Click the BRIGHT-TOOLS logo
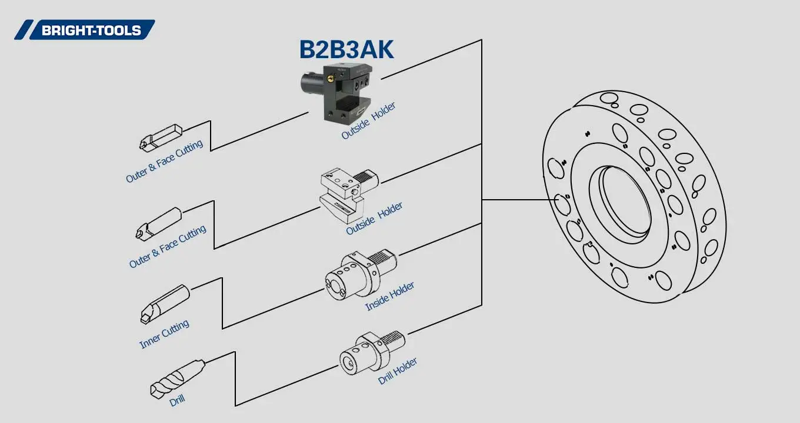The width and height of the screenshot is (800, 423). pyautogui.click(x=85, y=30)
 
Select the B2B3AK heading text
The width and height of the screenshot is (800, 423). pyautogui.click(x=346, y=50)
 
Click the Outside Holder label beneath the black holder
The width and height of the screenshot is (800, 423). pyautogui.click(x=368, y=121)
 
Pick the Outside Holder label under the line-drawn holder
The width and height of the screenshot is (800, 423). pyautogui.click(x=374, y=219)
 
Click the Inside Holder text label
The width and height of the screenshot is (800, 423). pyautogui.click(x=389, y=296)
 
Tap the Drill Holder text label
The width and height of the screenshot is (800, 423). pyautogui.click(x=398, y=371)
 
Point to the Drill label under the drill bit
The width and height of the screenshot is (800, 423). pyautogui.click(x=177, y=401)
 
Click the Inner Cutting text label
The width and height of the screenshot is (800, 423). pyautogui.click(x=164, y=334)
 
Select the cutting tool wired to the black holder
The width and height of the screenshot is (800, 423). pyautogui.click(x=161, y=136)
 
